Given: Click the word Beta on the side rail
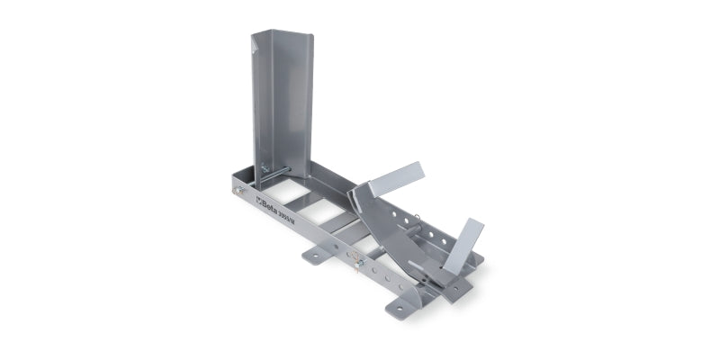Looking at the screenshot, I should click(272, 203).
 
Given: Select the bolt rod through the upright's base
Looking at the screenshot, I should click(275, 171).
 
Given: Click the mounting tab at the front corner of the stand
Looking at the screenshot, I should click(400, 306).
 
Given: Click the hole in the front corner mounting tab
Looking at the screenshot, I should click(399, 308).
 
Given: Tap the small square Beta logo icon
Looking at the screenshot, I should click(257, 199).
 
